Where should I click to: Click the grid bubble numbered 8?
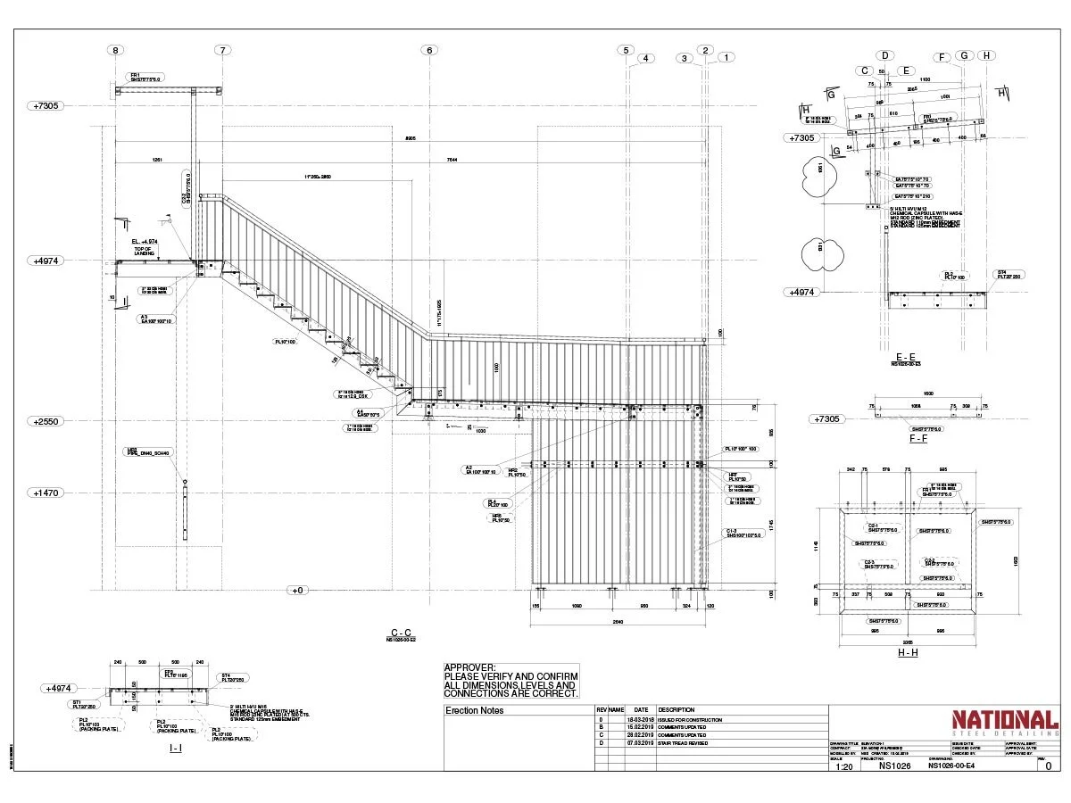tap(115, 50)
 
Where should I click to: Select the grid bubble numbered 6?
tap(429, 50)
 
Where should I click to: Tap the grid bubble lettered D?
tap(886, 55)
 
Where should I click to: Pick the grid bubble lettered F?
tap(942, 57)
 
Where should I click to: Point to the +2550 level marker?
tap(46, 421)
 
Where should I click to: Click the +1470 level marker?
tap(46, 493)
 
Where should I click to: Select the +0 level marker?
tap(297, 590)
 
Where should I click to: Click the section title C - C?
tap(401, 631)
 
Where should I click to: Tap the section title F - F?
tap(917, 438)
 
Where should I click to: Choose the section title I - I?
tap(176, 748)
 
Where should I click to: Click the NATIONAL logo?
tap(1005, 720)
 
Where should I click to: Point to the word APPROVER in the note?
tap(469, 667)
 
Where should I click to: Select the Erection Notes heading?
tap(474, 710)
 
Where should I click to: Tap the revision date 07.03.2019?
tap(641, 742)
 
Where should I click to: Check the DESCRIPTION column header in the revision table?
tap(676, 710)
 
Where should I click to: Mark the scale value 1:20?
tap(843, 766)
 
